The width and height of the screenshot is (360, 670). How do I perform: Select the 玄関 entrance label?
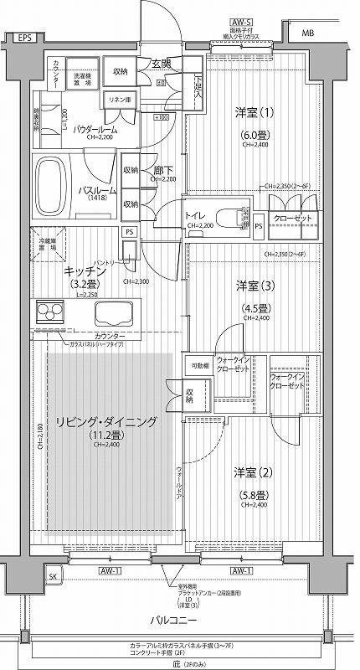(161, 64)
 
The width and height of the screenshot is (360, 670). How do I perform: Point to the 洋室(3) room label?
(250, 286)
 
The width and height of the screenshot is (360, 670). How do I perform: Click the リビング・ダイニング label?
(105, 422)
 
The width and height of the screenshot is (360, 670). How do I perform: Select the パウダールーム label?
(94, 130)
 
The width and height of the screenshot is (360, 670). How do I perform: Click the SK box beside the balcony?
(54, 578)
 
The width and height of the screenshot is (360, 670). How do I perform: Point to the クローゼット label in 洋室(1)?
(294, 217)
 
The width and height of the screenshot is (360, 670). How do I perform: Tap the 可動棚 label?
(199, 366)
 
